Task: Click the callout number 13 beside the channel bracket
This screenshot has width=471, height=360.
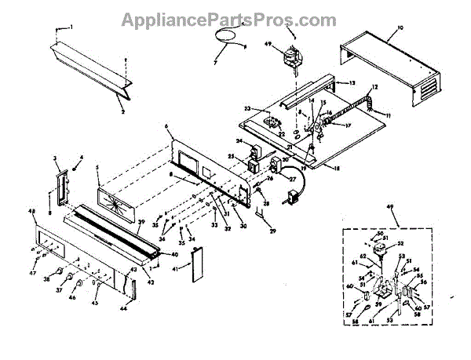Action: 352,82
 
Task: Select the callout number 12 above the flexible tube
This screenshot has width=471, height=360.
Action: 374,87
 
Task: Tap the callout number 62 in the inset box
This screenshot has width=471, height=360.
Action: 363,256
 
